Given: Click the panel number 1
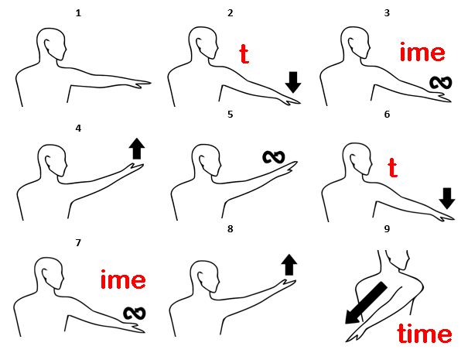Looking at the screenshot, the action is [78, 13].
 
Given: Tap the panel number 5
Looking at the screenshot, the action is [230, 115].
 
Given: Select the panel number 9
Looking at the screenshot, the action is [387, 229].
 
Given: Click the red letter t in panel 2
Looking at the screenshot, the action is [244, 54].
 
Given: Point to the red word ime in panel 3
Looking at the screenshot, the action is [422, 52].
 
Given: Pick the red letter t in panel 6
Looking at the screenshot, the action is [393, 167].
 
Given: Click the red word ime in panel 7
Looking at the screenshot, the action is [123, 279].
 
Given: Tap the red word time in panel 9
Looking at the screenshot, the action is [425, 333].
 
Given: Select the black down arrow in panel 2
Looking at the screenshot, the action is [293, 82].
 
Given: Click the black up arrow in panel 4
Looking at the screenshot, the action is [137, 149].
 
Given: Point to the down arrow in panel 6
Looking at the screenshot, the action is [447, 198].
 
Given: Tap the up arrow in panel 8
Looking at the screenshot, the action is [289, 265].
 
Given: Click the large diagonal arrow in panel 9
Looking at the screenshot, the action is [365, 303].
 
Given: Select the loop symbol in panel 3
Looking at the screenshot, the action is [441, 83].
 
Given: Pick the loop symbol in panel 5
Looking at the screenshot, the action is [274, 157].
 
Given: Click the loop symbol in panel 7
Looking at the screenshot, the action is [135, 313].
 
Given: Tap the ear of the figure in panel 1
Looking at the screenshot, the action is [47, 45].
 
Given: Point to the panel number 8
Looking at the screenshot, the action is [230, 229].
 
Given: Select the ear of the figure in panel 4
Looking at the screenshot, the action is [48, 162].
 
